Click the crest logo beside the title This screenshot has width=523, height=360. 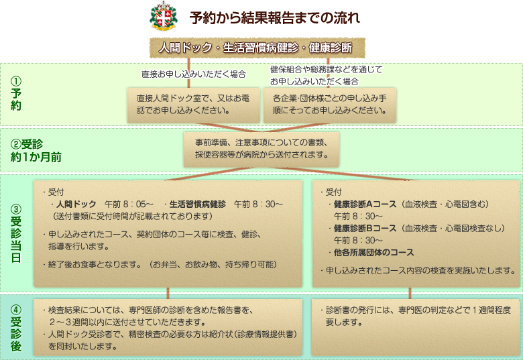coord(163,16)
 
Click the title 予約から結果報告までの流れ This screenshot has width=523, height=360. coord(275,17)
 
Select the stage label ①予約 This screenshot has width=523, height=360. coord(15,93)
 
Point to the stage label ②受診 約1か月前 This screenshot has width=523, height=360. coord(36,151)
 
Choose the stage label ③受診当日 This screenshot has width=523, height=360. coord(16,233)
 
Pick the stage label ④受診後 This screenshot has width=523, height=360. coord(16,328)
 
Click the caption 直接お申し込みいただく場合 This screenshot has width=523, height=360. coord(194,74)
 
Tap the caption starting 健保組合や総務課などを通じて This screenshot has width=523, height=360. coord(327,75)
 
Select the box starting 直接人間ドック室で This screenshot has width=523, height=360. coord(194,105)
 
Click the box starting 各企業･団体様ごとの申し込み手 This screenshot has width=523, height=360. coord(329,105)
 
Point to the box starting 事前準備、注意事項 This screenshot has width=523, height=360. coord(261,149)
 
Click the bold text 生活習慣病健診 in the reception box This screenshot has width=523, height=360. coord(197,204)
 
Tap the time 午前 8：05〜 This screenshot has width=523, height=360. coord(129,204)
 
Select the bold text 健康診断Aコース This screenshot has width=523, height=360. coord(365,204)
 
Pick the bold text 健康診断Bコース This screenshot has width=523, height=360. coord(365,229)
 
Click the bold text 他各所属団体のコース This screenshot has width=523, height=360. coord(373,252)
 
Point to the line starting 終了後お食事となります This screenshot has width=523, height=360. coord(160,265)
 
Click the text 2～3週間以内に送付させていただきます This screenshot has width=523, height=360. coord(127,322)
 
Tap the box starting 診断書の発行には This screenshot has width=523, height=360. coord(416,327)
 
